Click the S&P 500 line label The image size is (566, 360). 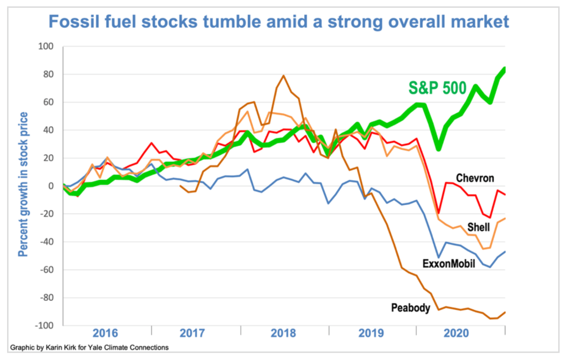point(438,88)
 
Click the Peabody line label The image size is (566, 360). point(410,308)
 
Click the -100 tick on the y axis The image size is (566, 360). point(43,326)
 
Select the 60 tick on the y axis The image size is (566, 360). point(47,102)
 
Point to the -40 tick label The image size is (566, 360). point(45,242)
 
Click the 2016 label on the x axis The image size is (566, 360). point(106,333)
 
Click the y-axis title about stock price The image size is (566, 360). point(23,185)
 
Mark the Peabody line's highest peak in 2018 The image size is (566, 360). point(284,76)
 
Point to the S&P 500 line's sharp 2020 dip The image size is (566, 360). point(438,149)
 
